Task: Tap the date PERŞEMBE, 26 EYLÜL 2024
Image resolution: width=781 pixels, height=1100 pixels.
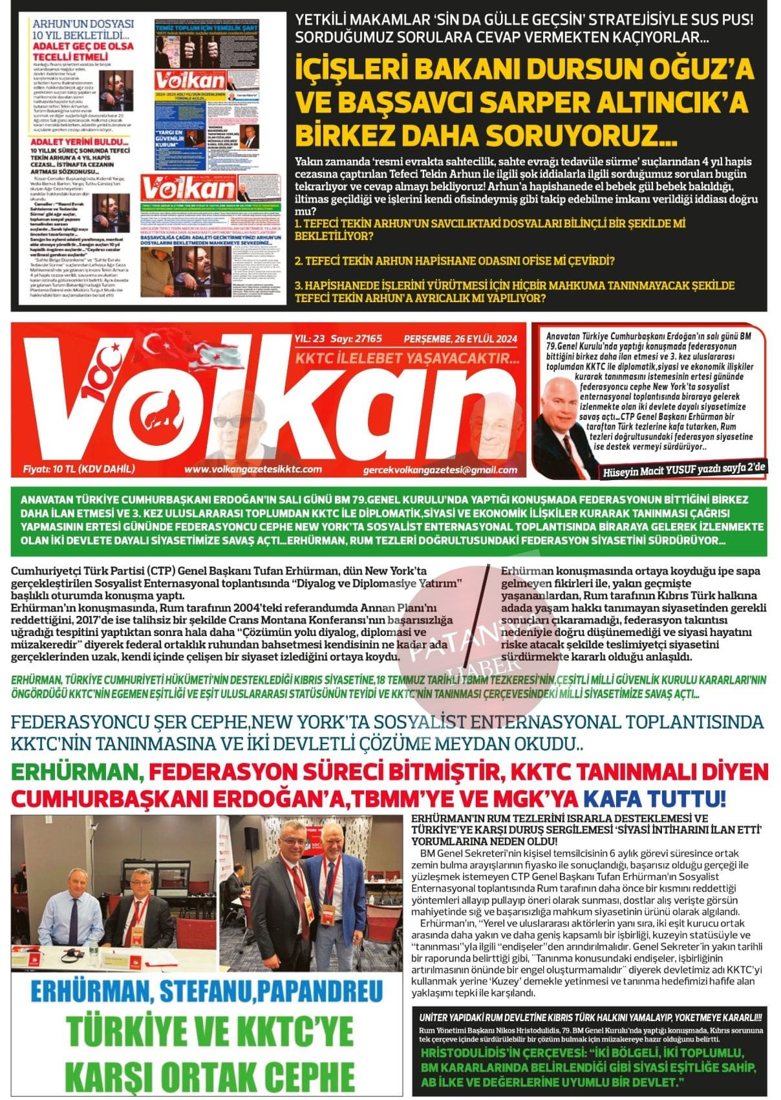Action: [460, 338]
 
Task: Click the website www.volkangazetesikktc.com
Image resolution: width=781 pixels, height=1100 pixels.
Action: [253, 469]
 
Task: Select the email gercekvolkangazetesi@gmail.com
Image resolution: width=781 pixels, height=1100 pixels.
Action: [440, 470]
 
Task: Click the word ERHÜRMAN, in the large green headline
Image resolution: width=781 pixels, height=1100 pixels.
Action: [77, 772]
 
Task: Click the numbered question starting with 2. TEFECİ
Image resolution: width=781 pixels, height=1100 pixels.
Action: [454, 260]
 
